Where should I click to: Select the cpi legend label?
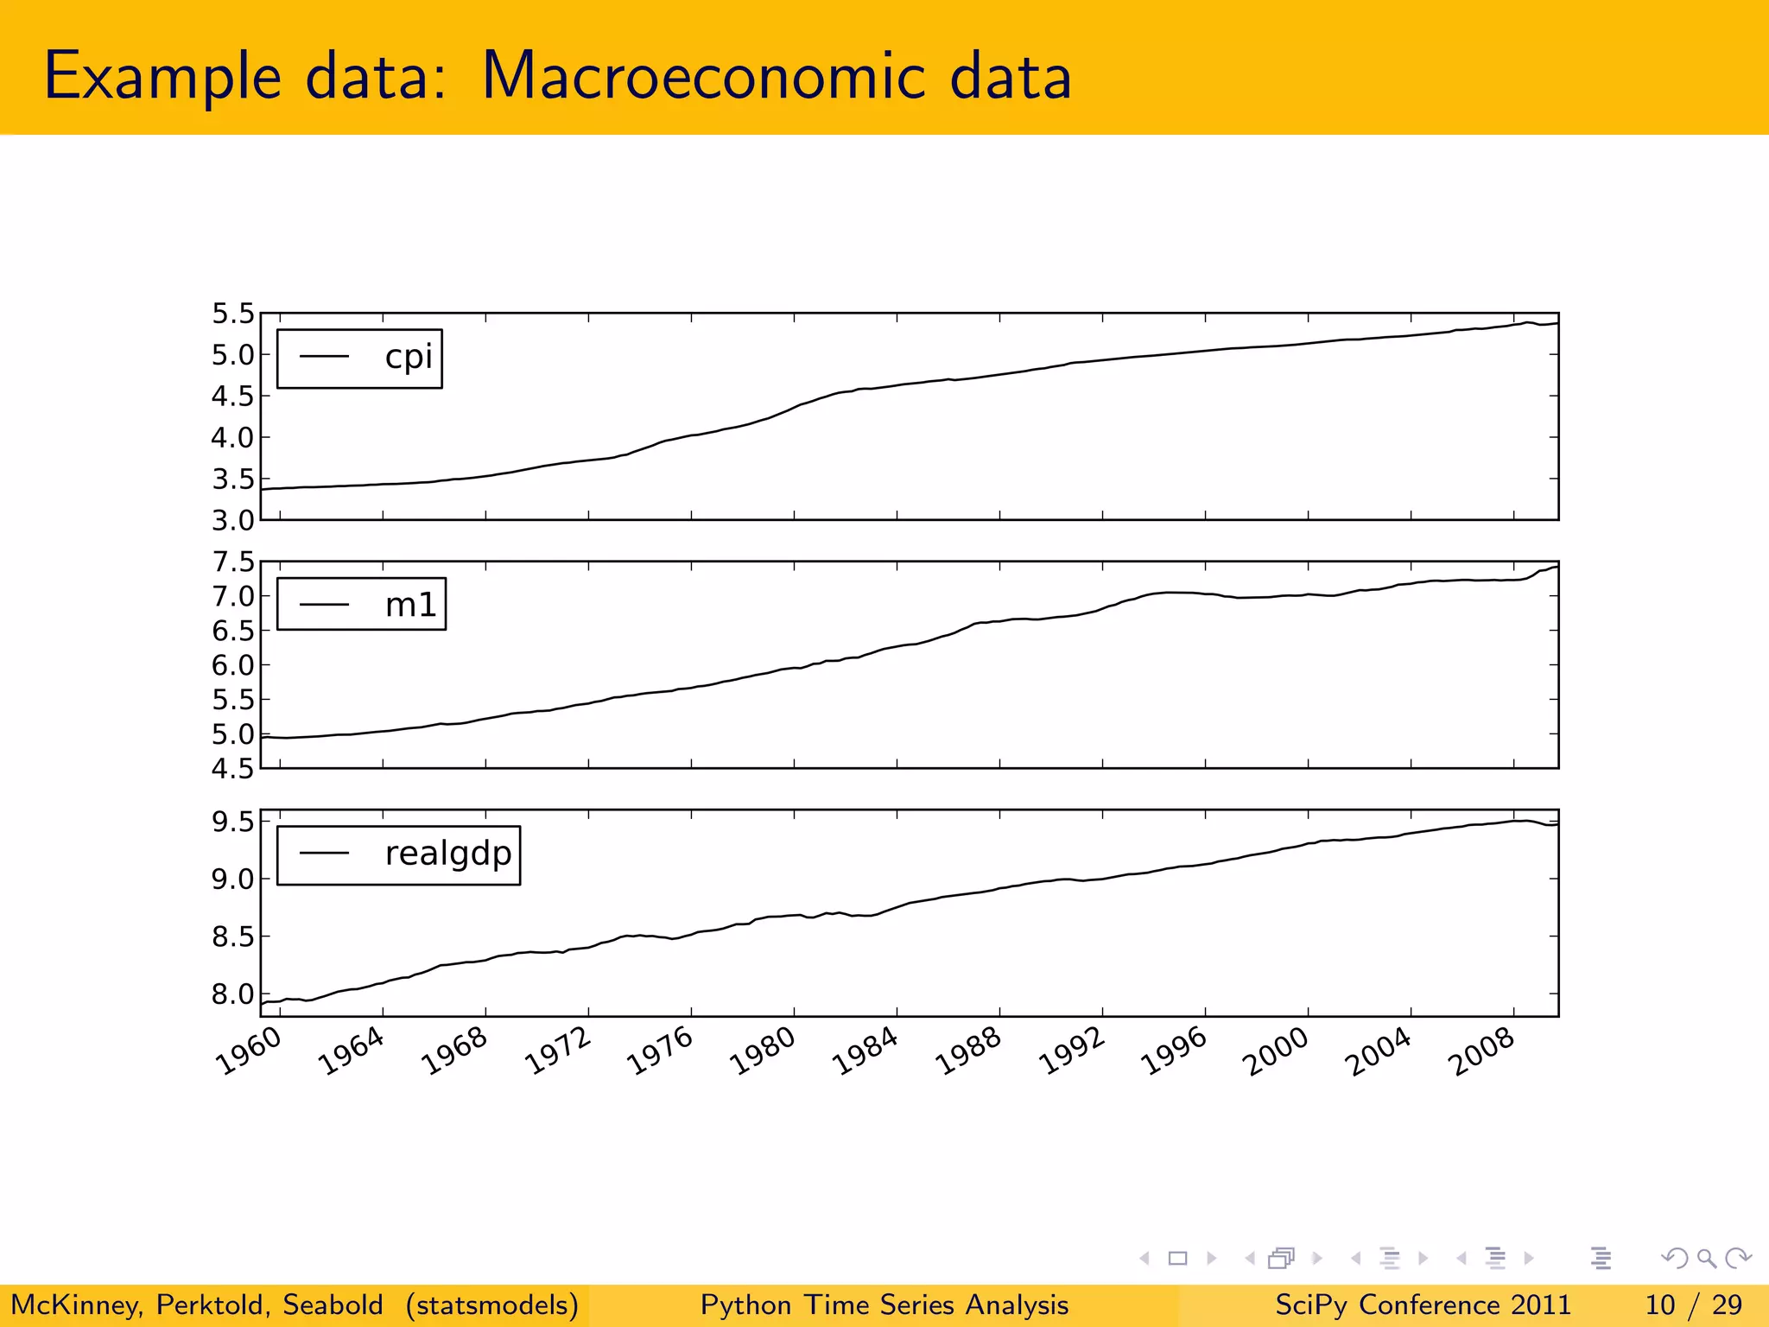pyautogui.click(x=408, y=357)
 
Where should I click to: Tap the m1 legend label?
pyautogui.click(x=410, y=605)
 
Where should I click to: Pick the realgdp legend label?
pyautogui.click(x=447, y=854)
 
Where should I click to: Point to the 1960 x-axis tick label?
pyautogui.click(x=250, y=1051)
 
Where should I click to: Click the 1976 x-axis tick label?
pyautogui.click(x=661, y=1051)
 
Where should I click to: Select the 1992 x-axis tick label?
pyautogui.click(x=1072, y=1051)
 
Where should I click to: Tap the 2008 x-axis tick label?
pyautogui.click(x=1483, y=1051)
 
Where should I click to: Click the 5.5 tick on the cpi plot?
pyautogui.click(x=233, y=314)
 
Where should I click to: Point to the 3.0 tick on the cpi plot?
pyautogui.click(x=233, y=521)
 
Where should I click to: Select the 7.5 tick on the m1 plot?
pyautogui.click(x=233, y=562)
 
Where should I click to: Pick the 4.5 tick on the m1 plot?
pyautogui.click(x=233, y=768)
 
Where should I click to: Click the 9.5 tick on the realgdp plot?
pyautogui.click(x=233, y=822)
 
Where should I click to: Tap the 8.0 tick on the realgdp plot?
pyautogui.click(x=233, y=994)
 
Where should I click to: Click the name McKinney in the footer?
pyautogui.click(x=75, y=1305)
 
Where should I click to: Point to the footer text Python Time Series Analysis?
pyautogui.click(x=884, y=1305)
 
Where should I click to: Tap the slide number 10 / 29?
pyautogui.click(x=1693, y=1305)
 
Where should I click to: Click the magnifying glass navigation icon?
pyautogui.click(x=1706, y=1259)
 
